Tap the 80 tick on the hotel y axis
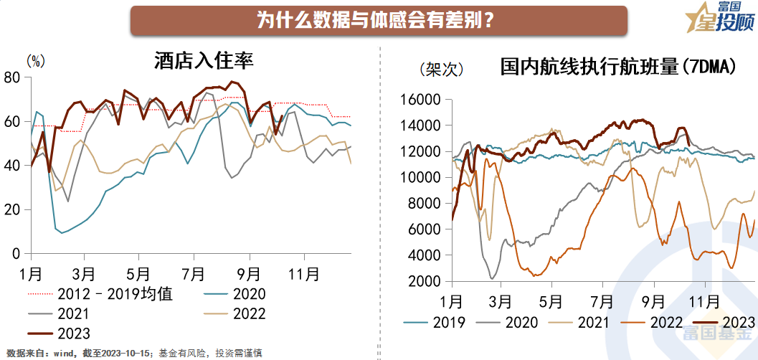[x=12, y=77]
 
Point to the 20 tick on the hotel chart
[x=12, y=209]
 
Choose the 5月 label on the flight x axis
[x=550, y=299]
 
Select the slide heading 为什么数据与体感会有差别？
[x=379, y=19]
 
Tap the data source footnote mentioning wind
[x=133, y=353]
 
